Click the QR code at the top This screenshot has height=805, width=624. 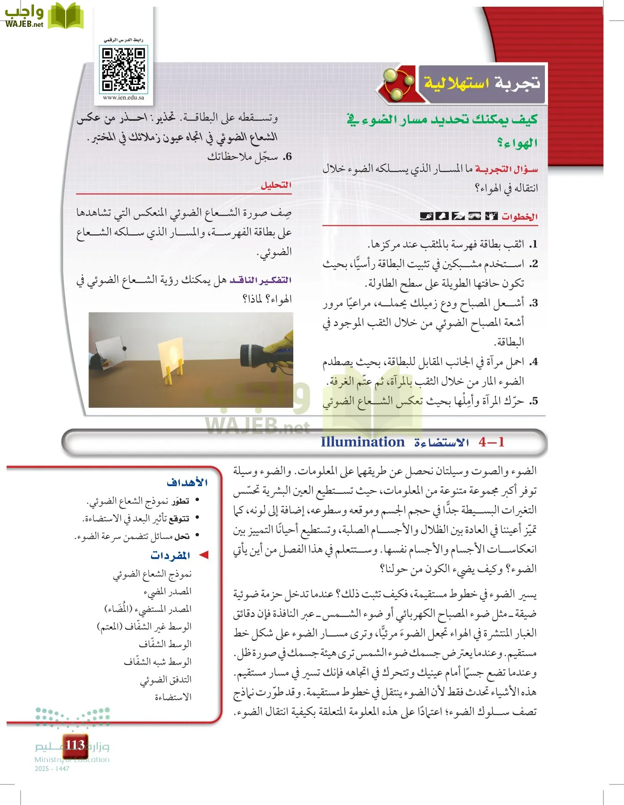(x=123, y=69)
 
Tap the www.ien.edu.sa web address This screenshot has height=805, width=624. (x=123, y=97)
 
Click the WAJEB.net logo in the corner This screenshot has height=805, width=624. (x=42, y=16)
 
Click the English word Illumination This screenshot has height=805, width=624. (x=362, y=442)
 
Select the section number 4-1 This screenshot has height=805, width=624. (x=491, y=442)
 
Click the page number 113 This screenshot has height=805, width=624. (x=75, y=745)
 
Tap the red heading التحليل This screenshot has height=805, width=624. (x=276, y=185)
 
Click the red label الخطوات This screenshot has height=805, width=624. (x=519, y=217)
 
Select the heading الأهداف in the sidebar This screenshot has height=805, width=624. (x=187, y=482)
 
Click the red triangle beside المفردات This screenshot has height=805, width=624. (x=204, y=555)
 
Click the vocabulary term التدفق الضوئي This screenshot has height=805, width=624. (x=166, y=679)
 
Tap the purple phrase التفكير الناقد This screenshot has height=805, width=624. (x=261, y=280)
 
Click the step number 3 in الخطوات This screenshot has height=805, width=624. (x=533, y=303)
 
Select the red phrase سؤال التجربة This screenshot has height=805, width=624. (x=506, y=169)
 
